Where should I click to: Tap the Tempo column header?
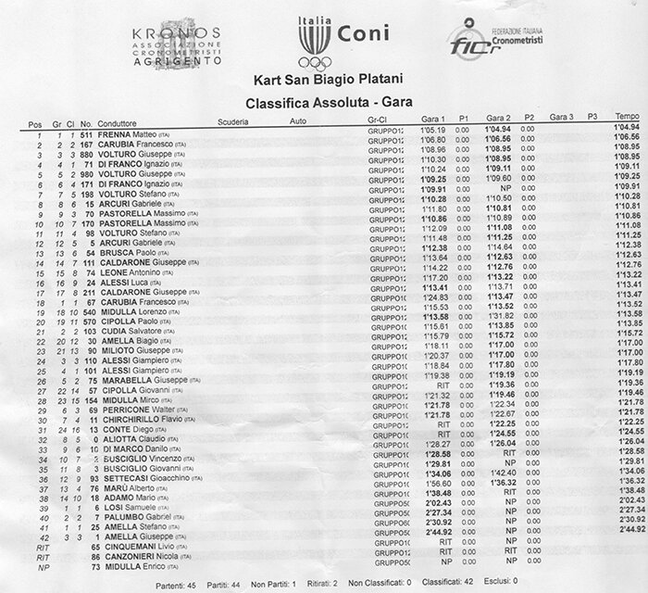coord(628,117)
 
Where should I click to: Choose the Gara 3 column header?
coord(562,118)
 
